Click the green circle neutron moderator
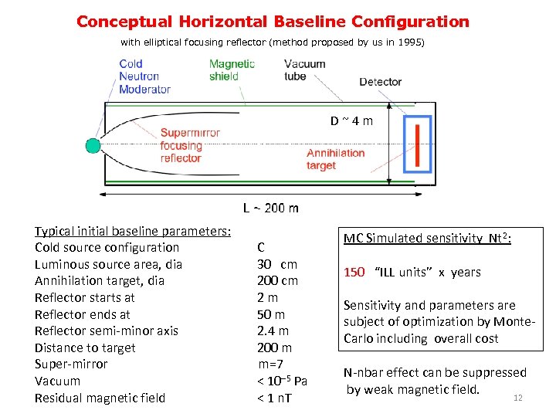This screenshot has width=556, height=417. click(93, 145)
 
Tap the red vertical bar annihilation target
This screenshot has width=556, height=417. click(417, 145)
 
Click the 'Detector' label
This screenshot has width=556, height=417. click(380, 82)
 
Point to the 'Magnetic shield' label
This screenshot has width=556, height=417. click(232, 69)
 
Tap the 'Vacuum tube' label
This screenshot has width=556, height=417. click(305, 69)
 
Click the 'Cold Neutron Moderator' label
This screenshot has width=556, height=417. click(144, 76)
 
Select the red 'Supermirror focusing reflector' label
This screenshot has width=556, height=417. click(190, 145)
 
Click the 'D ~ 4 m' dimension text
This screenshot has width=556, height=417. click(351, 120)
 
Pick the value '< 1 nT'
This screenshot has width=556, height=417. click(274, 398)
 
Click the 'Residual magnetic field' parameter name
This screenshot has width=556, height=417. click(100, 398)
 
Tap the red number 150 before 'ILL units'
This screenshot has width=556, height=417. click(354, 272)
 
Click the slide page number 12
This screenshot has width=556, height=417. click(518, 398)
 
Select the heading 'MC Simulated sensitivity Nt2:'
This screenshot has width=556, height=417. click(427, 239)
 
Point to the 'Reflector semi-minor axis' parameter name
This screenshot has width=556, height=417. click(107, 331)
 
